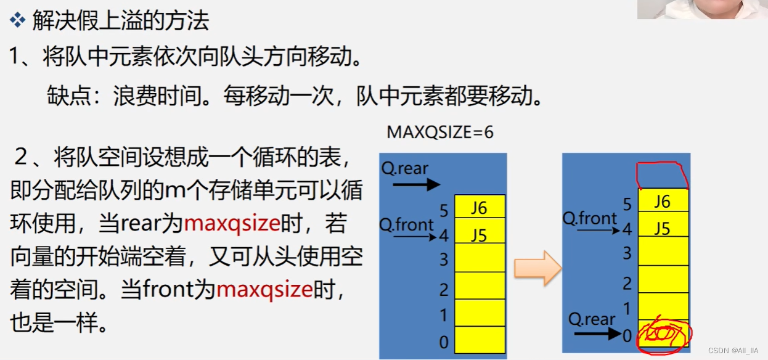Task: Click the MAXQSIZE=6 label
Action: [439, 133]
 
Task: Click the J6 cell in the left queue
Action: [479, 208]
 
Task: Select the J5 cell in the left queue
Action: [479, 235]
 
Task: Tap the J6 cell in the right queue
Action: [662, 202]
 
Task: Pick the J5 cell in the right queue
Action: [662, 229]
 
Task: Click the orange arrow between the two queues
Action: [538, 268]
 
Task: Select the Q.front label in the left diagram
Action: [406, 224]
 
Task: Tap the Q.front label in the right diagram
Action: [589, 218]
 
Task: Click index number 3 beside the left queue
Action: [444, 260]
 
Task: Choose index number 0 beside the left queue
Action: [444, 343]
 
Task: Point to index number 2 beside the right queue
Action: [627, 284]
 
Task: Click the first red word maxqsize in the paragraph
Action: [232, 223]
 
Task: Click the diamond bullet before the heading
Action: [16, 21]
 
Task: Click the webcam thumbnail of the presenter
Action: [702, 9]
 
